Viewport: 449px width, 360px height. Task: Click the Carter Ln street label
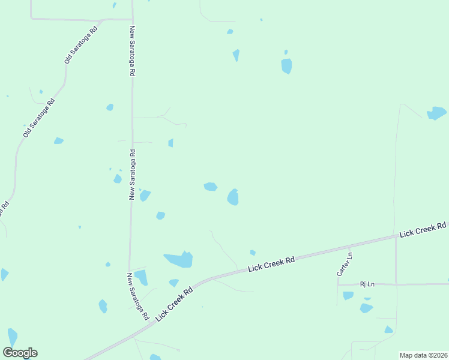point(345,264)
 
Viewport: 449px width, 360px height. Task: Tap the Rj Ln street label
point(367,284)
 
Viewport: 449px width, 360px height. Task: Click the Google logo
point(20,353)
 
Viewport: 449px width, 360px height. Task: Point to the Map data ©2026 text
point(423,355)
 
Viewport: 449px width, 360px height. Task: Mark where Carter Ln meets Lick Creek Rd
point(349,247)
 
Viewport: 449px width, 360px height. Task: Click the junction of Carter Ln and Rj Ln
point(338,284)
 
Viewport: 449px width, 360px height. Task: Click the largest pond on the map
point(179,260)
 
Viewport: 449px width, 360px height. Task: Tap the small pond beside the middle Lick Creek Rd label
point(253,253)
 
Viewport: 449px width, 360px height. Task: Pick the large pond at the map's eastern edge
point(436,113)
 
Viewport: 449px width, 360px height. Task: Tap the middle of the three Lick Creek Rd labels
point(272,265)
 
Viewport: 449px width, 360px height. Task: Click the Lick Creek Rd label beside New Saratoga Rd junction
point(173,303)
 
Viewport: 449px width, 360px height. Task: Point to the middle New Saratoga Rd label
point(133,174)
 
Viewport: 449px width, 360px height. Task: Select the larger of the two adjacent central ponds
point(233,197)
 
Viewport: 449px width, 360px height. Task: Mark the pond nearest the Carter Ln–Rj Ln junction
point(348,295)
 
